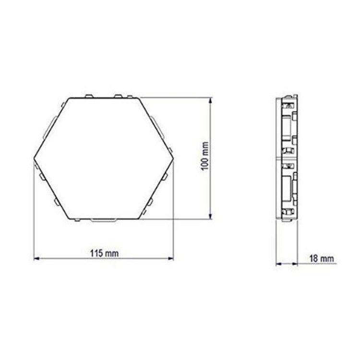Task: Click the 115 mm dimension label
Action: tap(104, 253)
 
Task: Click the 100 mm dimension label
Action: tap(205, 156)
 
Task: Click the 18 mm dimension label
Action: tap(322, 259)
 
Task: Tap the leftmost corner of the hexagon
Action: tap(34, 158)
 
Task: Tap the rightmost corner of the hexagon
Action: tap(173, 158)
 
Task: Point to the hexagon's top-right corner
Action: tap(139, 98)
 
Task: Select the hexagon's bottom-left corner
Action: tap(70, 219)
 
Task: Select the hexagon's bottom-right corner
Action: tap(139, 219)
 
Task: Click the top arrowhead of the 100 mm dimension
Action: tap(210, 101)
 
